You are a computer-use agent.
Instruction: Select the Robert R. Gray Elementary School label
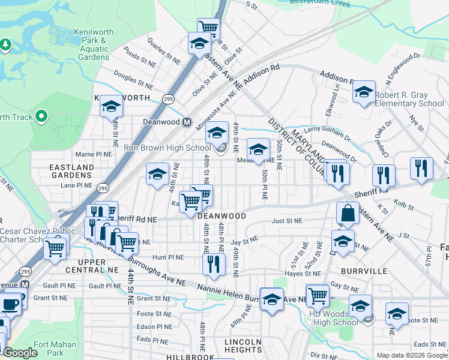pyautogui.click(x=409, y=99)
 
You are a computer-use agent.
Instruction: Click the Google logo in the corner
pyautogui.click(x=20, y=353)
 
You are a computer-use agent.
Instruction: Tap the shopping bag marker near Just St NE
pyautogui.click(x=348, y=212)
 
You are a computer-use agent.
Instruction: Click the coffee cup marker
pyautogui.click(x=10, y=304)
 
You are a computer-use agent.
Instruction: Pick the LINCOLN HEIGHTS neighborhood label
pyautogui.click(x=243, y=346)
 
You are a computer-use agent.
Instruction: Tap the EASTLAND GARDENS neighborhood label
pyautogui.click(x=71, y=171)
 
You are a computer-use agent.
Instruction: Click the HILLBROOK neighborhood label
pyautogui.click(x=190, y=356)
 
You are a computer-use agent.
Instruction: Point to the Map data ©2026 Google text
pyautogui.click(x=411, y=355)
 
